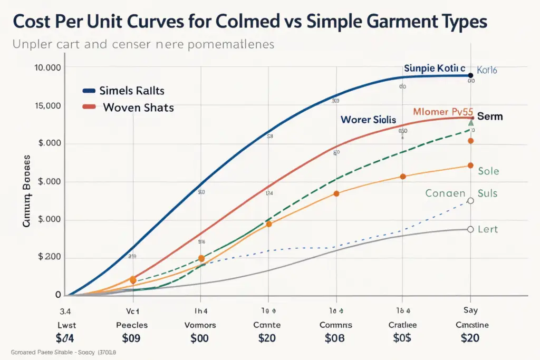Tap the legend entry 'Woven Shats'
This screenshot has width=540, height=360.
pos(138,108)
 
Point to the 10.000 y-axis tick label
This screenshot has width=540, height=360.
pos(47,67)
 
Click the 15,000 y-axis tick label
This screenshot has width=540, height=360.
pos(47,105)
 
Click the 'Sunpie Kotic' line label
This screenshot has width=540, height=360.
pos(435,69)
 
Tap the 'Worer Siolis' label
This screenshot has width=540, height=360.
pos(368,120)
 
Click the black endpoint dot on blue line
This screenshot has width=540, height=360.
pos(470,75)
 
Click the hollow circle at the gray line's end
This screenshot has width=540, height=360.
pos(470,229)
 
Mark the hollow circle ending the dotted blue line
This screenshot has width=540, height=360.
pos(470,201)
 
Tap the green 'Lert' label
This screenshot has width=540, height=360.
pos(488,229)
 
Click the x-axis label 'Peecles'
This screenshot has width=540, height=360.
pos(132,325)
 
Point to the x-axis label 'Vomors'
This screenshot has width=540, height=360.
pos(200,325)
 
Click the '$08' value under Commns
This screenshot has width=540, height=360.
pos(334,338)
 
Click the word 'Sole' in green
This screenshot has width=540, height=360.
pos(488,171)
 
